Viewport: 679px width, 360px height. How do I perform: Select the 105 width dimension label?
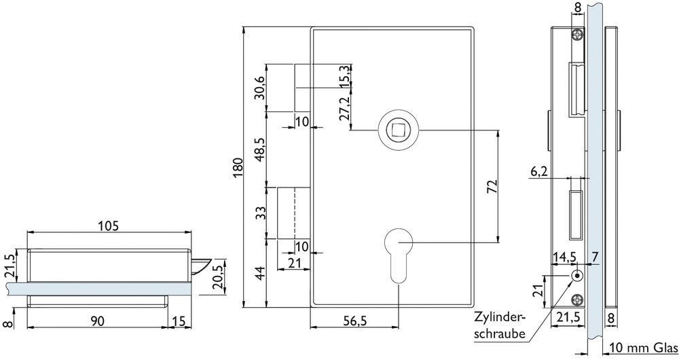pyautogui.click(x=108, y=226)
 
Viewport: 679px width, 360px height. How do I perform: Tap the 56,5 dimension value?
pyautogui.click(x=354, y=321)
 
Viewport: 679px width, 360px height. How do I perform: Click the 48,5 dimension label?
pyautogui.click(x=260, y=150)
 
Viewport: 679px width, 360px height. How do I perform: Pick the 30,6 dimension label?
pyautogui.click(x=260, y=88)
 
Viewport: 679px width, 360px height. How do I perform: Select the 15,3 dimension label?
pyautogui.click(x=344, y=76)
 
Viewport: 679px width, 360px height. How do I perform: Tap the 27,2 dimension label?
pyautogui.click(x=344, y=108)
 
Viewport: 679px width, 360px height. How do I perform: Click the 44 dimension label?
pyautogui.click(x=260, y=273)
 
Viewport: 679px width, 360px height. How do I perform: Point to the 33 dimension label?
pyautogui.click(x=260, y=213)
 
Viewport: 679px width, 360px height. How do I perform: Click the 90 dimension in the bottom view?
pyautogui.click(x=97, y=321)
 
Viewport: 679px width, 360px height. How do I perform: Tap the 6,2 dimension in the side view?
pyautogui.click(x=539, y=172)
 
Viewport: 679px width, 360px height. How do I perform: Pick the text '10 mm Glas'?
pyautogui.click(x=643, y=348)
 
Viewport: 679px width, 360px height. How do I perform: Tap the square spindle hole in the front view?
pyautogui.click(x=397, y=130)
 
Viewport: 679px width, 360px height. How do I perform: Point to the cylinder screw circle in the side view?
pyautogui.click(x=576, y=276)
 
